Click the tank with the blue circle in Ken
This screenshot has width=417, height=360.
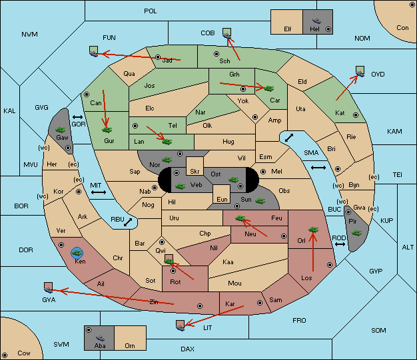(77, 253)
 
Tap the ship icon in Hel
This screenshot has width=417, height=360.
(316, 21)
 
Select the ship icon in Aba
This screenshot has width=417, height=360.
(100, 337)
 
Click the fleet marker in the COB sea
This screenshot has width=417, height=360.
(227, 33)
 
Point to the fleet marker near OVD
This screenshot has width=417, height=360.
(360, 71)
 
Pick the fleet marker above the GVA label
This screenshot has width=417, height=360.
(49, 287)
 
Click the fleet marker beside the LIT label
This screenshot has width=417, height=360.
(181, 325)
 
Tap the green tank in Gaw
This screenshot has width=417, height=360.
(61, 130)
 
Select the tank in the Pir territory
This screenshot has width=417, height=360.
(356, 233)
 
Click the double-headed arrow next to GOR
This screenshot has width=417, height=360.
(78, 117)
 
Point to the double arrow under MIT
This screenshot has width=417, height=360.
(99, 192)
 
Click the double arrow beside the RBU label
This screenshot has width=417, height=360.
(128, 222)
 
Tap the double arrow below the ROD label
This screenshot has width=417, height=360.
(340, 244)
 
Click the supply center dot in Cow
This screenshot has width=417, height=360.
(5, 355)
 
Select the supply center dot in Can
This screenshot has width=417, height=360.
(87, 94)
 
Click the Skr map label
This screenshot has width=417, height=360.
(195, 172)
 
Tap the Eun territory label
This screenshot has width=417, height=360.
(222, 199)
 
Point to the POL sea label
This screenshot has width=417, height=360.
(151, 11)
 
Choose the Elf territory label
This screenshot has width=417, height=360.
(288, 29)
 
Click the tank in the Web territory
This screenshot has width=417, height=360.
(181, 186)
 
